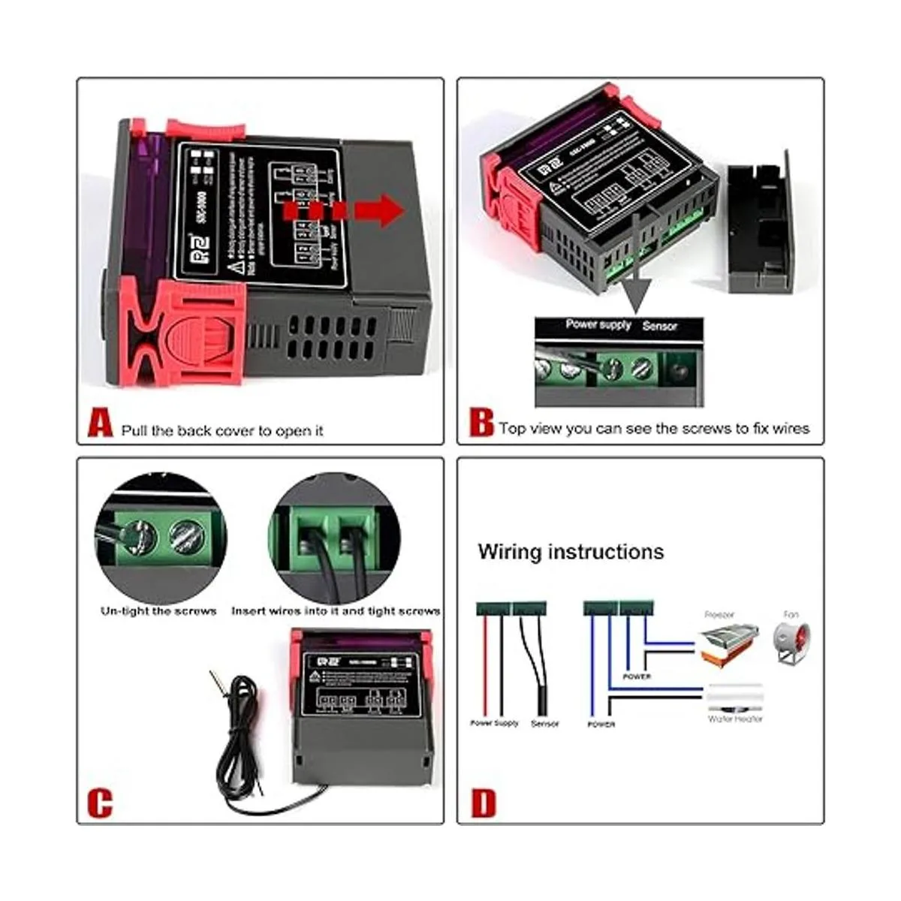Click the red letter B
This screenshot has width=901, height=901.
pos(481,422)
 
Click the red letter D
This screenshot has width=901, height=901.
pos(484,803)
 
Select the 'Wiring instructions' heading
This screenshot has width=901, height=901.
pos(571,552)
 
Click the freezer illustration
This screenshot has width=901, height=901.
pos(725,645)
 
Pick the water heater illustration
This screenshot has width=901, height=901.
pos(734,698)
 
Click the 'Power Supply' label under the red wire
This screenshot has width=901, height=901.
pos(494,723)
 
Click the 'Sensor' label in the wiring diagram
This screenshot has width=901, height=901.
pos(545,724)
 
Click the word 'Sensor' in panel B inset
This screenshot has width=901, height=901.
pos(659,326)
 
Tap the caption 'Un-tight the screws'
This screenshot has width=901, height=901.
pos(158,611)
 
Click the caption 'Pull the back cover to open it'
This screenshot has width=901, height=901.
pos(222,431)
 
